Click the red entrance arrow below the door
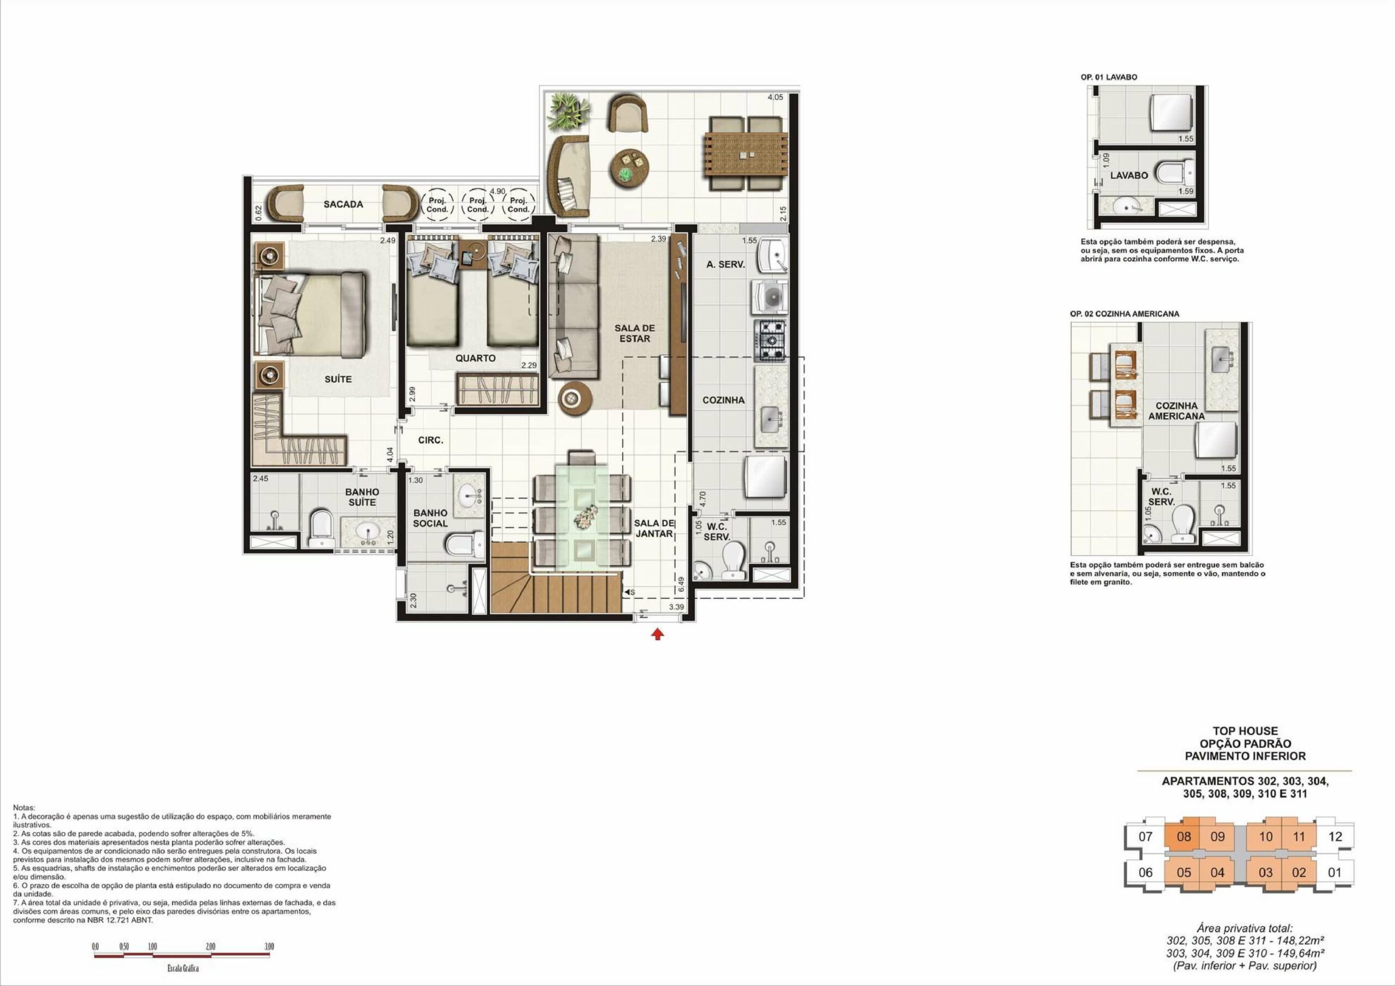[x=657, y=634]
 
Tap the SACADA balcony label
[x=343, y=205]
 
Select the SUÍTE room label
[x=338, y=379]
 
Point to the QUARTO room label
[x=475, y=358]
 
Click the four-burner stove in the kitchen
[x=771, y=341]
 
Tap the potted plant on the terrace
[x=568, y=111]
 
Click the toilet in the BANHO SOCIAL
[x=465, y=544]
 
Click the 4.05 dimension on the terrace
[x=775, y=97]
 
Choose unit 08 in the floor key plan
[x=1184, y=837]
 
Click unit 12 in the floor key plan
[x=1335, y=837]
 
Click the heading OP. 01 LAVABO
[x=1109, y=77]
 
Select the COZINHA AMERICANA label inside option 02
[x=1176, y=411]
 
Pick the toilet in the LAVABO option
[x=1174, y=173]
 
